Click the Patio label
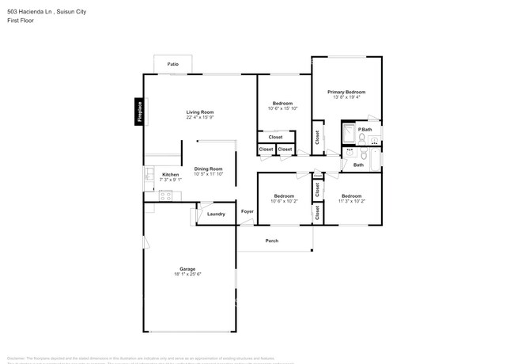coord(172,65)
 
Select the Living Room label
coord(199,112)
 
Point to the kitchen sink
coord(148,176)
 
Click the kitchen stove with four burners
coord(165,195)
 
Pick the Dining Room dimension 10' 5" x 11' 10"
coord(209,174)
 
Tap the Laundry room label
coord(216,214)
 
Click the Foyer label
coord(248,212)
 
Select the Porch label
coord(271,241)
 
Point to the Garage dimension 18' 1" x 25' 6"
coord(188,275)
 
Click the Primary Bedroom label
coord(346,92)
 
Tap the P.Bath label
coord(365,129)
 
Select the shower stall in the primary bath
coord(349,134)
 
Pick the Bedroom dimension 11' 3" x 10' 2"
coord(351,201)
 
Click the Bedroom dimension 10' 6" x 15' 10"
coord(283,108)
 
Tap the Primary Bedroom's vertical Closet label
coord(317,137)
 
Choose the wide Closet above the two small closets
coord(275,137)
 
